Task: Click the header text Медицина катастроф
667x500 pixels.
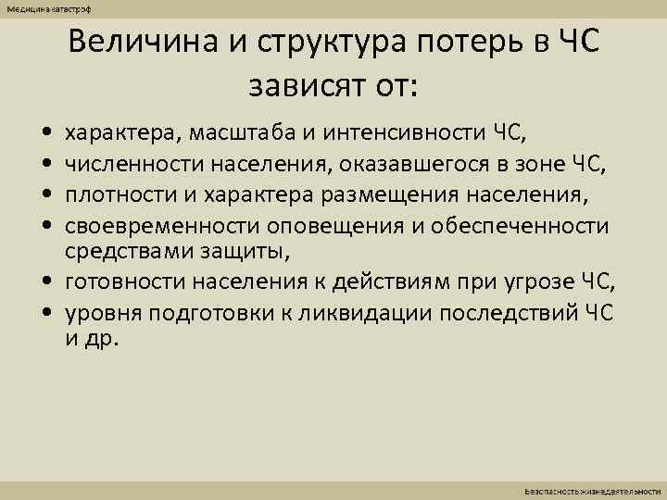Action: pyautogui.click(x=44, y=8)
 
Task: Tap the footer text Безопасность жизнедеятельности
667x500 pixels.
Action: pyautogui.click(x=593, y=488)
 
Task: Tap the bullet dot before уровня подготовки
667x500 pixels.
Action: pyautogui.click(x=45, y=313)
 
